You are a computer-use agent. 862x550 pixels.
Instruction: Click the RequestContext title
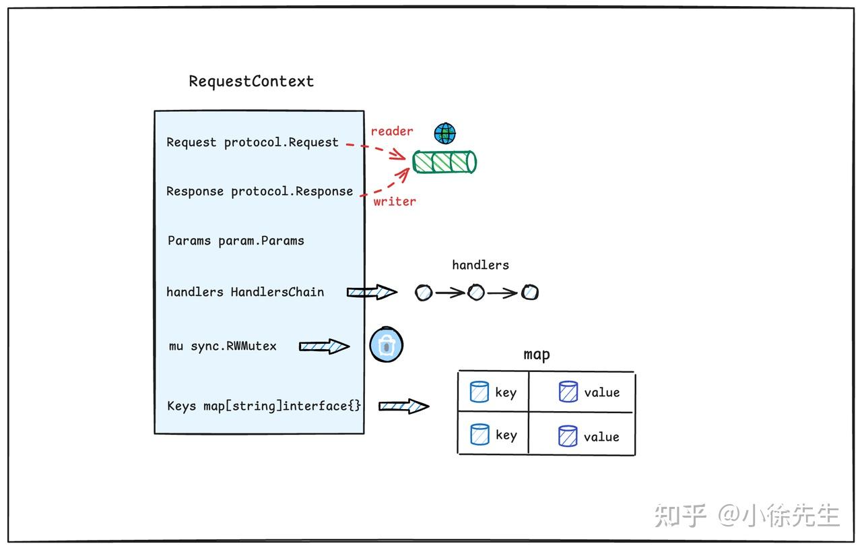coord(251,82)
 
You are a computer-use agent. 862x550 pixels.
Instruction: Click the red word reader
coord(392,131)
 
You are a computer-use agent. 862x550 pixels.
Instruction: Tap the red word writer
coord(395,201)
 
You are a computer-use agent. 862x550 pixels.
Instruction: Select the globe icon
coord(445,133)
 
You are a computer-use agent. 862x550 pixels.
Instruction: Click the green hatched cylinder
coord(444,162)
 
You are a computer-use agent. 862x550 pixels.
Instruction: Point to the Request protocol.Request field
coord(253,142)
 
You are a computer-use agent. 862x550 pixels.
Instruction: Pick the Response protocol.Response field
coord(259,191)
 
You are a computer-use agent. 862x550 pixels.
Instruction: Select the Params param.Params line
coord(236,241)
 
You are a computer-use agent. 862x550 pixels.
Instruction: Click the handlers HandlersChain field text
coord(245,292)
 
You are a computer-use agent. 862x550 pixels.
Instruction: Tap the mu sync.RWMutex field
coord(222,346)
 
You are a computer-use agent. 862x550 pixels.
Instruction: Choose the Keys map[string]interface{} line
coord(264,406)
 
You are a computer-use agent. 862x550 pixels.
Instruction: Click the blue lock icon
coord(387,344)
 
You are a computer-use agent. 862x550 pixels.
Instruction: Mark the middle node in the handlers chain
coord(476,293)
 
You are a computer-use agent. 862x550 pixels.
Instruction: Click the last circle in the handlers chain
coord(530,293)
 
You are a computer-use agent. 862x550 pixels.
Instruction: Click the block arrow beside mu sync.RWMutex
coord(325,346)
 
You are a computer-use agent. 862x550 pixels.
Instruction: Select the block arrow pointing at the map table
coord(403,406)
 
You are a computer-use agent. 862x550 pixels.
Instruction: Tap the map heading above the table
coord(537,355)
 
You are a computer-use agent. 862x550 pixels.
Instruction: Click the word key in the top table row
coord(506,393)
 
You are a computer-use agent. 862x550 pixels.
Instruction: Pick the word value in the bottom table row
coord(601,437)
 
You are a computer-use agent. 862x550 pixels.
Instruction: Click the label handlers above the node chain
coord(480,265)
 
